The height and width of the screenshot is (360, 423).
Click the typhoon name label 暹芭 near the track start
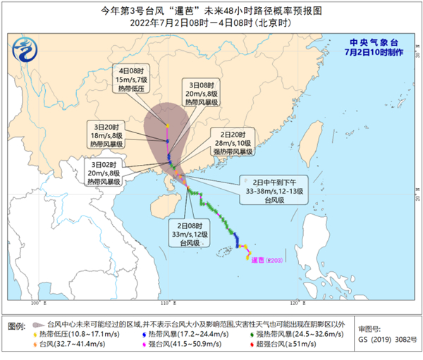pos(262,260)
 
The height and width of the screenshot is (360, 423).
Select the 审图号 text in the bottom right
pos(370,329)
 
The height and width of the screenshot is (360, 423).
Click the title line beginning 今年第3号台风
pos(211,10)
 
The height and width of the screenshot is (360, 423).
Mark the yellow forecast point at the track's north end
pos(168,126)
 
